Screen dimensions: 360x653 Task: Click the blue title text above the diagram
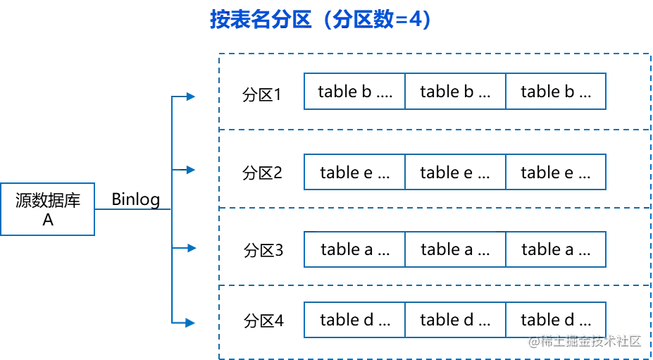click(x=320, y=20)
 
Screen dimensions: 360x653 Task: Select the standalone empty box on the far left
click(x=48, y=208)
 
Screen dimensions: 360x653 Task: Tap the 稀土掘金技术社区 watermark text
click(x=585, y=341)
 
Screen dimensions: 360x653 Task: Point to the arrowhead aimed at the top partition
click(x=190, y=96)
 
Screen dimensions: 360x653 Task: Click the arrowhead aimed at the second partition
click(x=190, y=170)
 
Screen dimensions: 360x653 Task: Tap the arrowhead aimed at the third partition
click(x=190, y=248)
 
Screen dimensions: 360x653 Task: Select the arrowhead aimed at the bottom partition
click(x=188, y=323)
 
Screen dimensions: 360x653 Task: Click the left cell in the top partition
click(x=355, y=92)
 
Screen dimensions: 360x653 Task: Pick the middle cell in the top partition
click(x=454, y=92)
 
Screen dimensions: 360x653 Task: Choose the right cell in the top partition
click(x=555, y=92)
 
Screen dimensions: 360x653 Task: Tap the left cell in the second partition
click(x=355, y=172)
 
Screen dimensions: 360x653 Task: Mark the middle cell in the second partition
click(x=454, y=172)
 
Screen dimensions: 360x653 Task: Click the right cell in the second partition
click(x=555, y=172)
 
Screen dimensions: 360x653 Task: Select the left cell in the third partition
click(x=355, y=250)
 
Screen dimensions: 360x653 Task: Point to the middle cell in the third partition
click(x=454, y=250)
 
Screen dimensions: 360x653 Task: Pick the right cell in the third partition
click(x=555, y=250)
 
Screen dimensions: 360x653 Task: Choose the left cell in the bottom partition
click(x=355, y=318)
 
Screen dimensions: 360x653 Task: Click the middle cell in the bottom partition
click(x=454, y=318)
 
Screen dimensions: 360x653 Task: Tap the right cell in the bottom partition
click(x=555, y=318)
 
